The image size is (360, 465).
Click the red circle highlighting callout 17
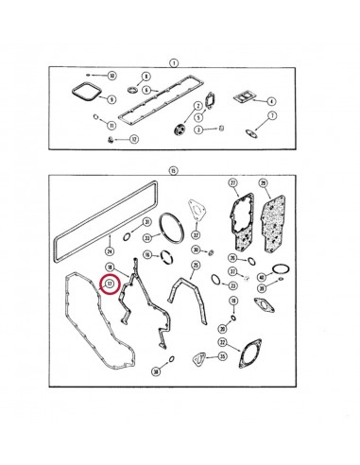coord(110,283)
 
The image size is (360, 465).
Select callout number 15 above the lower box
coord(173,170)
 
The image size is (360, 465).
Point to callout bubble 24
coord(110,251)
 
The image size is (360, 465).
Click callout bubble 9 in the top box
coord(111,99)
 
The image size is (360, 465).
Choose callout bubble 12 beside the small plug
coord(133,139)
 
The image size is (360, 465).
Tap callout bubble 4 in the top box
coord(270,100)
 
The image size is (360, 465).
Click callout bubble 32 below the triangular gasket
coord(196,236)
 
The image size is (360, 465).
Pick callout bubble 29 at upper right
coord(264,181)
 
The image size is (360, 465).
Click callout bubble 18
coord(109,268)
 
